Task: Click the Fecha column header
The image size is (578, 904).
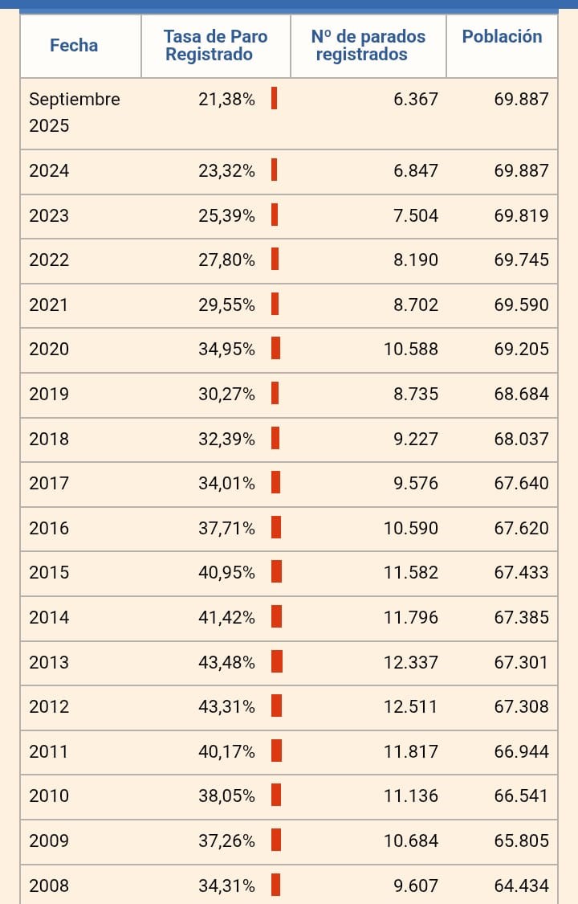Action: [74, 46]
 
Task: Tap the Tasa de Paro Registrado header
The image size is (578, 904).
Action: [215, 46]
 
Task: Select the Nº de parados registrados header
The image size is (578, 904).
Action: [368, 46]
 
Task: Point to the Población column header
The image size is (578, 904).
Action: [502, 37]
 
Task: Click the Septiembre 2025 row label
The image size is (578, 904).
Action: [74, 112]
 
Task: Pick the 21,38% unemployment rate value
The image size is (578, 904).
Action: [227, 100]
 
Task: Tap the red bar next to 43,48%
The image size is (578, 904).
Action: [277, 662]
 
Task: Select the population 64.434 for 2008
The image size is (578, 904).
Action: [522, 886]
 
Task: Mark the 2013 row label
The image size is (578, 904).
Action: [49, 663]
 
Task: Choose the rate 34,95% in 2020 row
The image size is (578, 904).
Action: [227, 350]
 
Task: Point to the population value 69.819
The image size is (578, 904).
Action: [522, 216]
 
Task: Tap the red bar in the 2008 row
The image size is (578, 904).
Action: [276, 886]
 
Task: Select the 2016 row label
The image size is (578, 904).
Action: [49, 529]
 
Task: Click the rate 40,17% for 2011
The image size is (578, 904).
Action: [227, 752]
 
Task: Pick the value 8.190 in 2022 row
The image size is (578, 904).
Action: [416, 260]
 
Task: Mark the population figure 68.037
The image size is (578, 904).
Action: [522, 440]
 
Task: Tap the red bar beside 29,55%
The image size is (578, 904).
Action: [275, 305]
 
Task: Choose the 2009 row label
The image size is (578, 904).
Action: [49, 841]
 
